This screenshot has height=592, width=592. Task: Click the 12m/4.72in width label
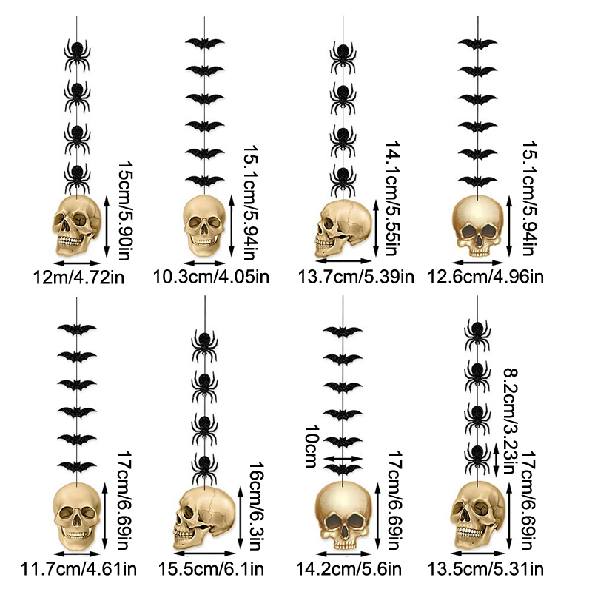click(78, 277)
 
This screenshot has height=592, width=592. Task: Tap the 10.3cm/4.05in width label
click(211, 277)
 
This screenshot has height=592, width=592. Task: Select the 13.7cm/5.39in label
click(356, 277)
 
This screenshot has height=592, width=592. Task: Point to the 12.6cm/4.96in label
click(485, 277)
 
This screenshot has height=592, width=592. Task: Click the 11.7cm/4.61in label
click(78, 569)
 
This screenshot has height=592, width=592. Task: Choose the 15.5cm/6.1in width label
click(211, 569)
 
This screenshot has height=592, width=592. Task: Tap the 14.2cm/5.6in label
click(348, 569)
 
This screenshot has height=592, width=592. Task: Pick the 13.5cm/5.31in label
click(485, 569)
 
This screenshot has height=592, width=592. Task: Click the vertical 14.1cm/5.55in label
click(393, 199)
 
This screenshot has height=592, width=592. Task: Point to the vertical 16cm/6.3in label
click(255, 506)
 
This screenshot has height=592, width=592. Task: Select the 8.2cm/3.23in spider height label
click(511, 421)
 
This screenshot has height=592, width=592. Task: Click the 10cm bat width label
click(312, 446)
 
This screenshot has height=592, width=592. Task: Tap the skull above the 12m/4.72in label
click(77, 226)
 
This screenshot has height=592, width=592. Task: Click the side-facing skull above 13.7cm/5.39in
click(343, 229)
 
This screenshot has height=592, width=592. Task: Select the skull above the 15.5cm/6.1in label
click(204, 517)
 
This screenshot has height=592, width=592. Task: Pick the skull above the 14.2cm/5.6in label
click(343, 515)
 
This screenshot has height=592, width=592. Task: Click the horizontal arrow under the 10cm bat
click(343, 458)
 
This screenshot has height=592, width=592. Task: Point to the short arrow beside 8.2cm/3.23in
click(497, 458)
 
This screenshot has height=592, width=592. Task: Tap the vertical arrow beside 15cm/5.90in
click(107, 226)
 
